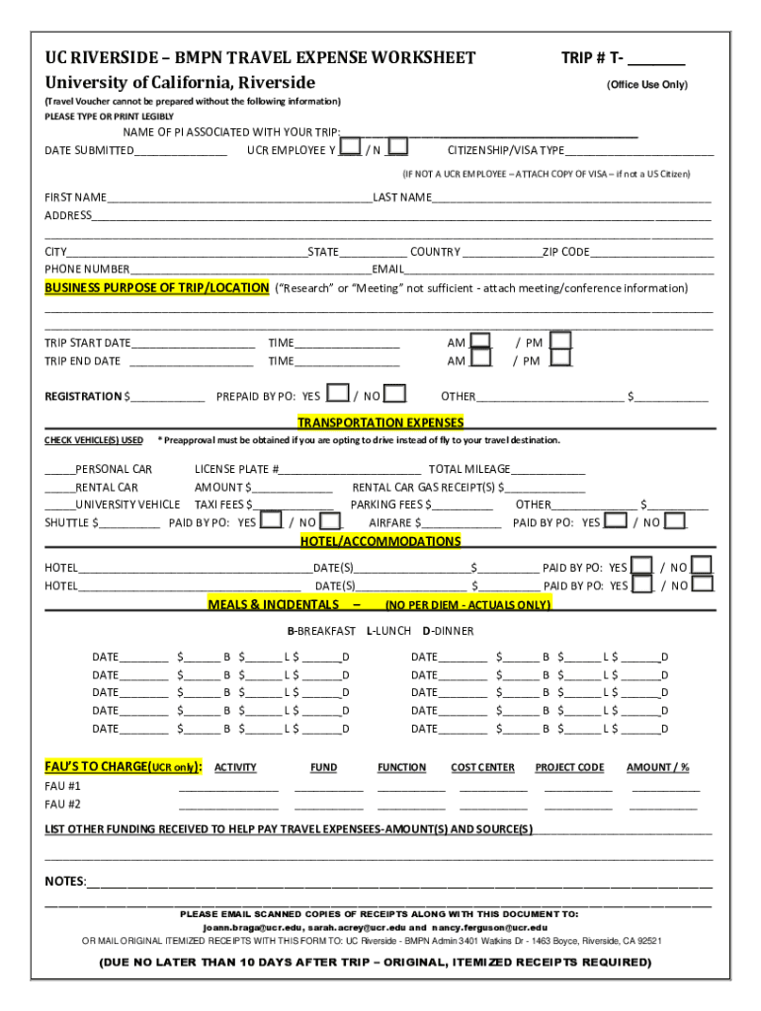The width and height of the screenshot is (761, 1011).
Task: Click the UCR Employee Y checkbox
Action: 349,148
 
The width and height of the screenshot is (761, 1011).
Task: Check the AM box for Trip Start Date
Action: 480,342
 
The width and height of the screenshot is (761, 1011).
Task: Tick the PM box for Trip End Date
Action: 560,359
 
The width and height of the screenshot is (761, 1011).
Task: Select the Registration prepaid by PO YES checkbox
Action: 337,395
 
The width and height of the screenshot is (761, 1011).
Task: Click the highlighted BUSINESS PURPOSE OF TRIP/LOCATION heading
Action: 156,288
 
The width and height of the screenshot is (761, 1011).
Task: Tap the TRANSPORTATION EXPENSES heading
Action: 380,423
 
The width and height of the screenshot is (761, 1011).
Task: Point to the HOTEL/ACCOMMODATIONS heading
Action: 380,541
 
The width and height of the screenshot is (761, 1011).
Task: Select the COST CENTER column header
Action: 482,767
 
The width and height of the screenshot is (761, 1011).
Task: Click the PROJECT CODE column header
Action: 569,767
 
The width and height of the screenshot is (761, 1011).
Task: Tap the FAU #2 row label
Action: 62,804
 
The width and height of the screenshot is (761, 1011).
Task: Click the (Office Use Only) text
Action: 647,85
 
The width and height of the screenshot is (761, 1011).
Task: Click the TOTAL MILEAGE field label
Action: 468,469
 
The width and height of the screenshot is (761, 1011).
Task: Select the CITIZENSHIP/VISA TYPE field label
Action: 506,150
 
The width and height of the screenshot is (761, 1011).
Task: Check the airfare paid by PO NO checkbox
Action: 676,521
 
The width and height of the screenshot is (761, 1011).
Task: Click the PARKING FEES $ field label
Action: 392,505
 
